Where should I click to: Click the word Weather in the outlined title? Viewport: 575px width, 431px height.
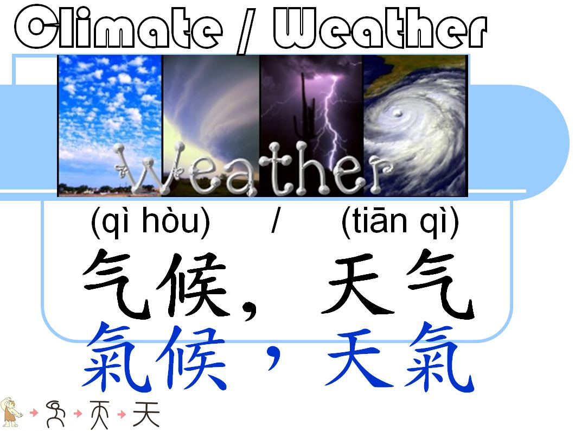pyautogui.click(x=380, y=28)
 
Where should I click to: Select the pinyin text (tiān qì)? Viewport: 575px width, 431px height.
pyautogui.click(x=400, y=223)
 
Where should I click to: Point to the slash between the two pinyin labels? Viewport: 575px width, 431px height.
pyautogui.click(x=275, y=223)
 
